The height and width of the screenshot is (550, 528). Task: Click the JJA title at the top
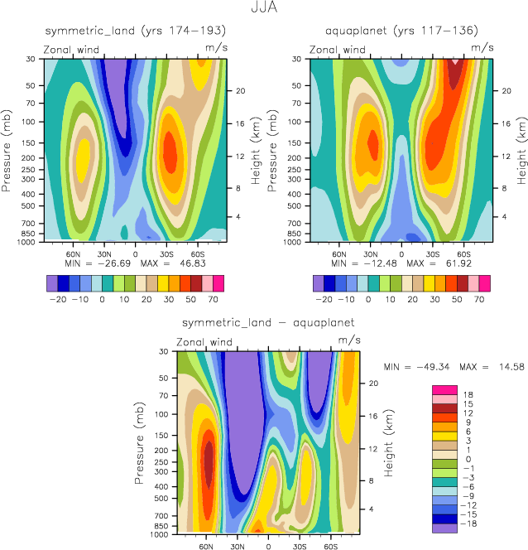click(x=264, y=9)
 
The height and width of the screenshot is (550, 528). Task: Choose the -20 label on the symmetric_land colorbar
click(x=59, y=296)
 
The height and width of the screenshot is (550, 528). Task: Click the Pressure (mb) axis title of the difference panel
click(x=137, y=445)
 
